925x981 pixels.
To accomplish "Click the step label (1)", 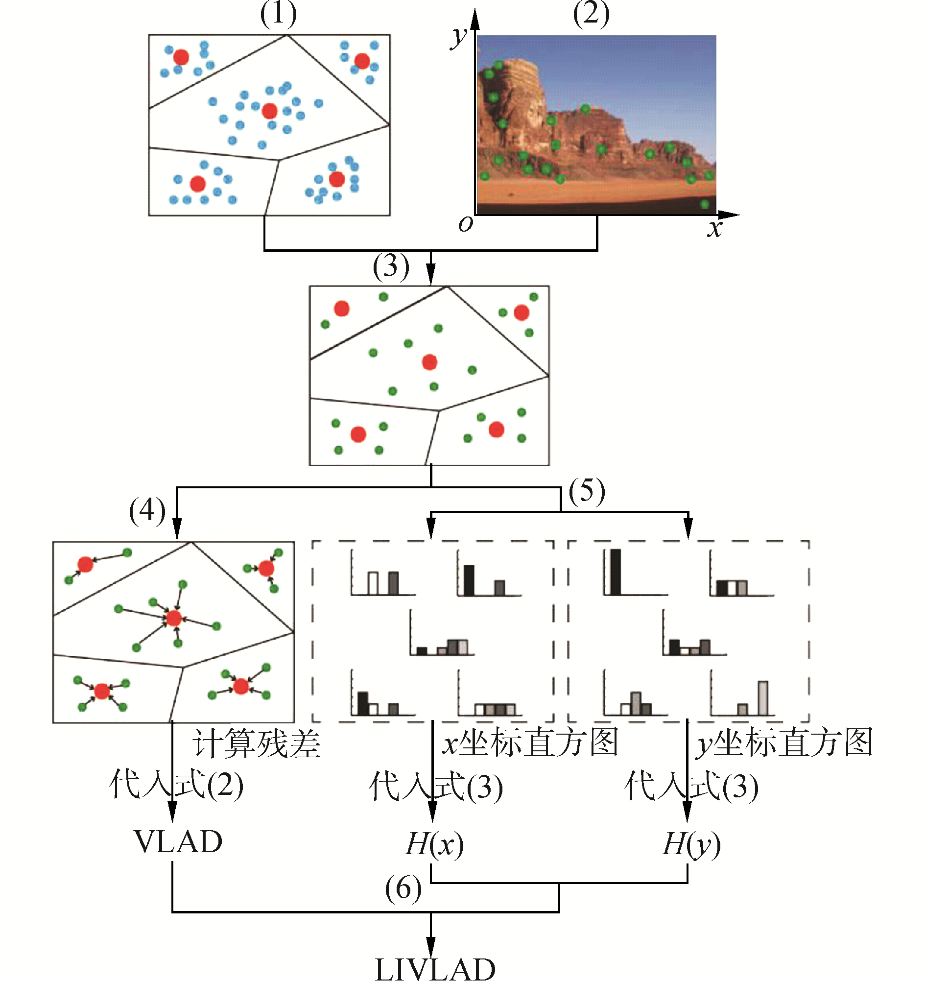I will (x=278, y=14).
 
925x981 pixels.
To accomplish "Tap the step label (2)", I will (x=591, y=14).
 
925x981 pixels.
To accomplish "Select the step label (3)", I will (x=391, y=267).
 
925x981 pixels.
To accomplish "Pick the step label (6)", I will (x=403, y=889).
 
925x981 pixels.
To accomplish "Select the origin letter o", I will (x=465, y=224).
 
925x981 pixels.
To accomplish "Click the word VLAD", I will (x=178, y=842).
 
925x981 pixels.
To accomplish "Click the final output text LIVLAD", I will (x=435, y=968).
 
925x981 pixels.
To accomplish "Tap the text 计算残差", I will (x=256, y=743).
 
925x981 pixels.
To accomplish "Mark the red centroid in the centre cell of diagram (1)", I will (x=269, y=111).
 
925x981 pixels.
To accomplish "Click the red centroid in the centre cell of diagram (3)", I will (x=430, y=362).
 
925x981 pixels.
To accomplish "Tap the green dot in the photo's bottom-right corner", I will (x=705, y=204).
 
